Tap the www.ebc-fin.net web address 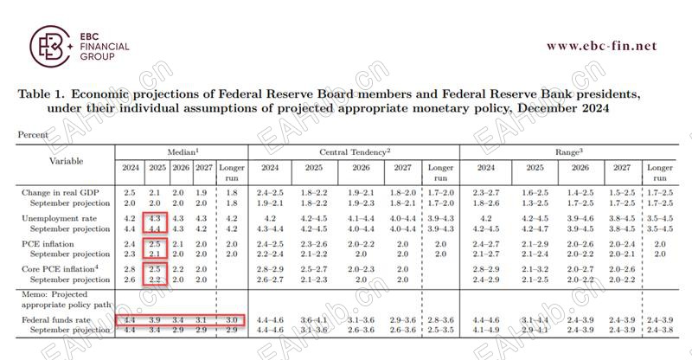[x=601, y=46]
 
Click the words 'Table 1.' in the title [x=40, y=93]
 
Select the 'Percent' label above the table [x=32, y=135]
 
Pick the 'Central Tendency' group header [x=354, y=152]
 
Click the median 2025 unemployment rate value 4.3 [x=156, y=219]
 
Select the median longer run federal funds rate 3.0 [x=231, y=321]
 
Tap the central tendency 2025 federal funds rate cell [x=313, y=321]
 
